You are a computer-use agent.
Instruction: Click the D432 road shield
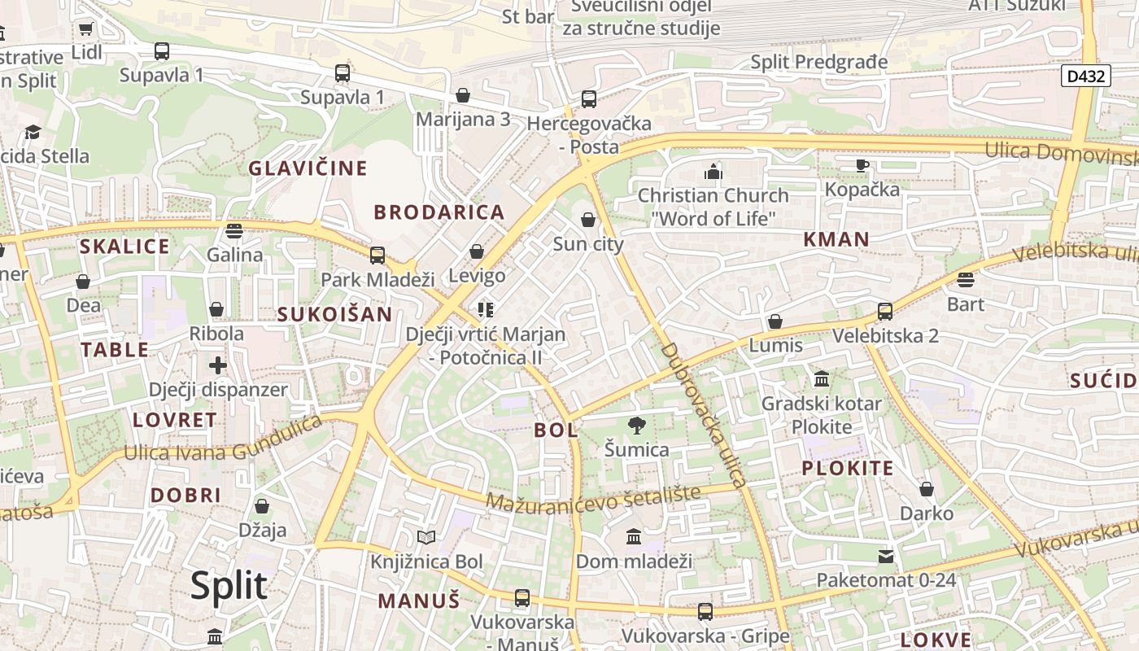(x=1086, y=76)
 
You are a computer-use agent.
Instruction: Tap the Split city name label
(x=229, y=586)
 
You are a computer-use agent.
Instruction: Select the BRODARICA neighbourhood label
(x=439, y=212)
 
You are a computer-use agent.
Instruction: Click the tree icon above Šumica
(x=637, y=425)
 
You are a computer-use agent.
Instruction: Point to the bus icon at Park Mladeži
(x=377, y=256)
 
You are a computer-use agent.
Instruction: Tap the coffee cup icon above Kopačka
(x=862, y=166)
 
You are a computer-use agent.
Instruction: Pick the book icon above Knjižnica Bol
(x=426, y=537)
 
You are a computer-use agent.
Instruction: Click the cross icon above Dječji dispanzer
(x=218, y=365)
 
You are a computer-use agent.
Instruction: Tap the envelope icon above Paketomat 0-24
(x=886, y=557)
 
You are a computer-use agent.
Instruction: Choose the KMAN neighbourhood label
(x=836, y=239)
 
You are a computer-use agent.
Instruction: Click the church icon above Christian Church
(x=714, y=172)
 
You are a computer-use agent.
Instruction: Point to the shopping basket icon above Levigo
(x=477, y=251)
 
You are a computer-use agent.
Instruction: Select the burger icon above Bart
(x=966, y=280)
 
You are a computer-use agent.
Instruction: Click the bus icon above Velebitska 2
(x=885, y=312)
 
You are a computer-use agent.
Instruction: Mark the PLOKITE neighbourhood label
(x=848, y=468)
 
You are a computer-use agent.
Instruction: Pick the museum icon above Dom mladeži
(x=634, y=537)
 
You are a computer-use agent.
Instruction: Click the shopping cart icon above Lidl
(x=86, y=29)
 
